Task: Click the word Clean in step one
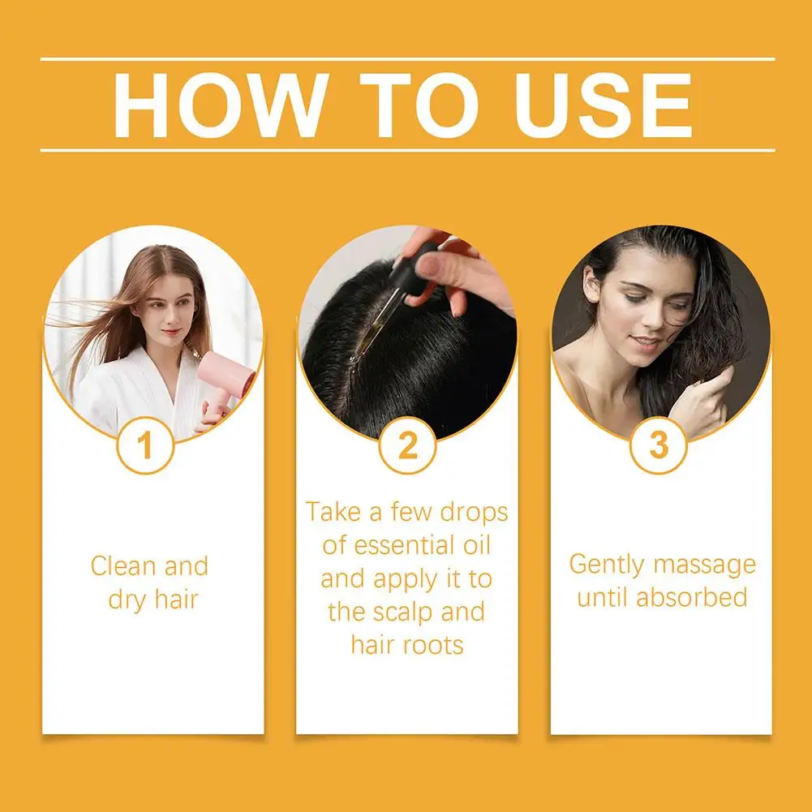122,565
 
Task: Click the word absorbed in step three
691,598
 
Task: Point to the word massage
708,565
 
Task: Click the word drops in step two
474,512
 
